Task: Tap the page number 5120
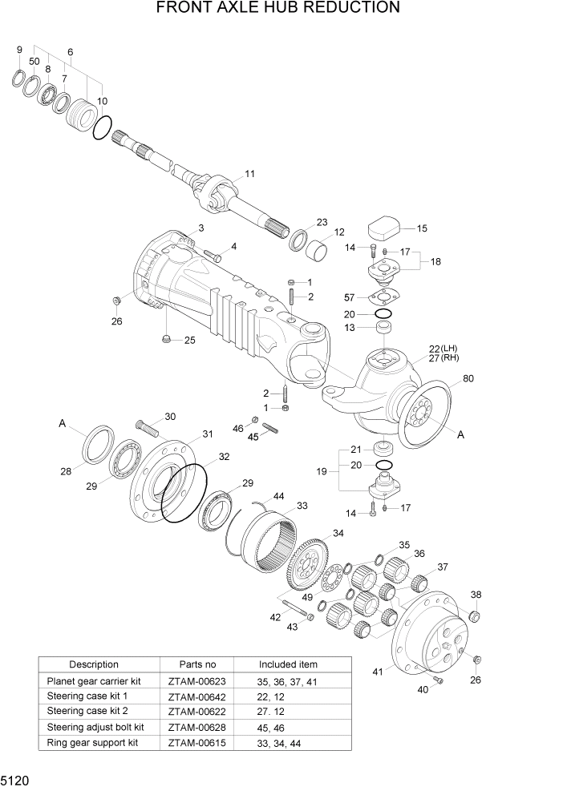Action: point(14,781)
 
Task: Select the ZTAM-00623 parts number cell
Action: point(197,682)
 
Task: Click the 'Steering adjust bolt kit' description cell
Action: point(95,727)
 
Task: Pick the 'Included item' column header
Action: point(288,664)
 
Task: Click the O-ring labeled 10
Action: point(102,127)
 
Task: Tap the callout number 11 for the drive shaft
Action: point(249,174)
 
